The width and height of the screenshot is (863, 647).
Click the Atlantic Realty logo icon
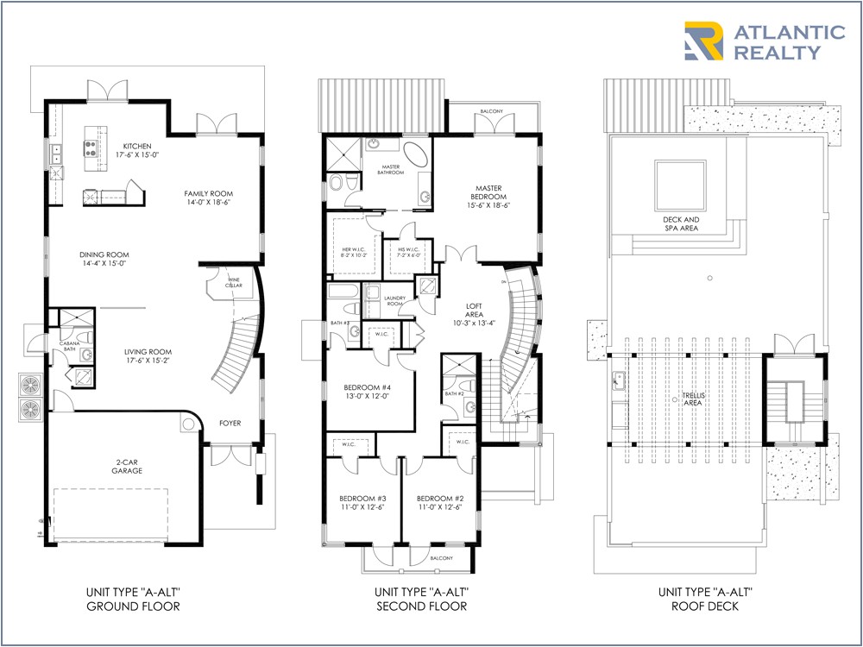click(x=704, y=41)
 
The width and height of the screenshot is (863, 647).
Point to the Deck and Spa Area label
click(x=682, y=224)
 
